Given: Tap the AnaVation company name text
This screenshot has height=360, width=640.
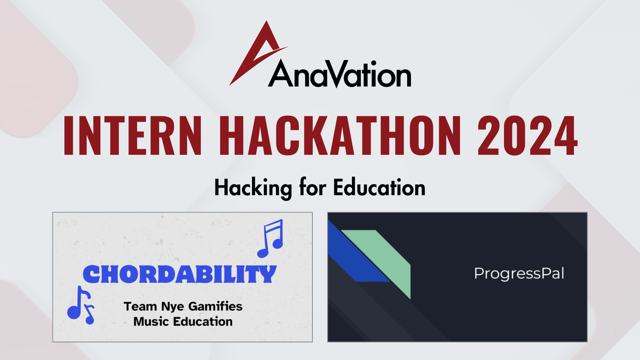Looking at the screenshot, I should click(x=340, y=75).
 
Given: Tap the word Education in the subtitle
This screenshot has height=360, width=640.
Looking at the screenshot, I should click(x=379, y=188).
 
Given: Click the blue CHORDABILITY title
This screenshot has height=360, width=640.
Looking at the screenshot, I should click(x=180, y=274).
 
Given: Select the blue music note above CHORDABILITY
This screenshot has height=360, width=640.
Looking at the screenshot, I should click(x=271, y=239).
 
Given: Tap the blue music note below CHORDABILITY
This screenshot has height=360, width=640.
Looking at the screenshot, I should click(x=81, y=306).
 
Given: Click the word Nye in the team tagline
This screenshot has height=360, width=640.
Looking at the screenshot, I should click(x=172, y=307).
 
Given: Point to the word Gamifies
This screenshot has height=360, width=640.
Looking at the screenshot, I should click(x=215, y=306).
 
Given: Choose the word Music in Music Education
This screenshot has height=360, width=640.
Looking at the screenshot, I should click(x=151, y=322).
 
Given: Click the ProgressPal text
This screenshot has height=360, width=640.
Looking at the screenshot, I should click(x=519, y=274).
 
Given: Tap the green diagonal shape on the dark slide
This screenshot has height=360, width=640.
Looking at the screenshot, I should click(x=384, y=256).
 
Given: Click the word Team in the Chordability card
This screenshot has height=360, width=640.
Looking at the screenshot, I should click(x=140, y=306).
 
